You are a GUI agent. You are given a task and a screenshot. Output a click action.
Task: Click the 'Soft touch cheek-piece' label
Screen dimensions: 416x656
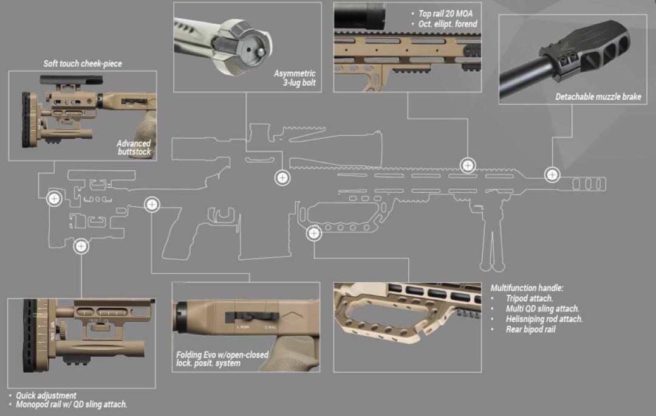[x=83, y=63]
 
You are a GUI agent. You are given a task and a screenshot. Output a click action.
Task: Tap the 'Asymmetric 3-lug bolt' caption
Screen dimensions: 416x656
[x=295, y=78]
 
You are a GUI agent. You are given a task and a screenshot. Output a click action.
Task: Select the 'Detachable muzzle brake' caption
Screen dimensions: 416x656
[x=598, y=97]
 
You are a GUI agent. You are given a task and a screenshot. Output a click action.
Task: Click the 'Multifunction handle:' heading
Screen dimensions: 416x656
[x=527, y=288]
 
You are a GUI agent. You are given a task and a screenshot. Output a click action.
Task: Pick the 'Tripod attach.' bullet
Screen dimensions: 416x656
[x=529, y=298]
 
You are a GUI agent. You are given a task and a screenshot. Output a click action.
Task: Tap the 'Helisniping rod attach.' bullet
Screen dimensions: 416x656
[x=544, y=319]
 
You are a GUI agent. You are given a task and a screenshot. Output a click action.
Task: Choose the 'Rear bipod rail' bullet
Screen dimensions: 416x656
[x=530, y=329]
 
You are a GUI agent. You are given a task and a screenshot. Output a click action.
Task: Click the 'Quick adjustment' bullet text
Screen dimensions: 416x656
[x=46, y=395]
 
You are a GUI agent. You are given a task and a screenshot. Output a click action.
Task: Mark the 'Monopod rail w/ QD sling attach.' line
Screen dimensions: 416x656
[x=72, y=404]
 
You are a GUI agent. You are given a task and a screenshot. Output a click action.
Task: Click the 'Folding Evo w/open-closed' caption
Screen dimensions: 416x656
[x=222, y=355]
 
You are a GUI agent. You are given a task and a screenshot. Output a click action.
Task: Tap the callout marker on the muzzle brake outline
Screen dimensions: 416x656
[x=552, y=175]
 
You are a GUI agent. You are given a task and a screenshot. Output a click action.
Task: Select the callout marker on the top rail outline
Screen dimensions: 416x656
[x=467, y=165]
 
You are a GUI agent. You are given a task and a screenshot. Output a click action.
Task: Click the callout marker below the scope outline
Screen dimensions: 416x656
[x=282, y=178]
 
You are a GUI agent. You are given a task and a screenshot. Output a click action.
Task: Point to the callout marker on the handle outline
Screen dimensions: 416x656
[x=314, y=232]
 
